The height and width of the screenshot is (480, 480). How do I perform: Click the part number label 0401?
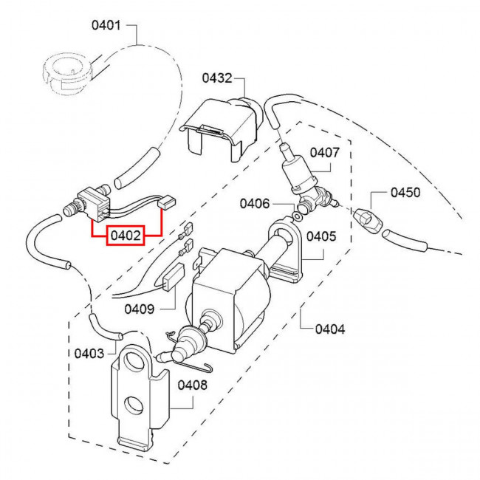coord(106,25)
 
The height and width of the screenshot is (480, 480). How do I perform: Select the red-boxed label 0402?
coord(126,236)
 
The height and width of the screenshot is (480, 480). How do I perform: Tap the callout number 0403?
coord(89,354)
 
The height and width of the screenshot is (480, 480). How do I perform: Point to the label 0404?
coord(330,329)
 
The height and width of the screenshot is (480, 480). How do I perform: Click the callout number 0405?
coord(321,236)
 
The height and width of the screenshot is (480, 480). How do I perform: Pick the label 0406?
coord(254,204)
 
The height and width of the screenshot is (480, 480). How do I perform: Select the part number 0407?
coord(324,152)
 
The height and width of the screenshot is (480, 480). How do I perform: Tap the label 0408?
coord(192,385)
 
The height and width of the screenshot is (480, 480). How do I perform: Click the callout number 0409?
coord(140,309)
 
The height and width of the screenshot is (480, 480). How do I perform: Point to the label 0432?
coord(217,78)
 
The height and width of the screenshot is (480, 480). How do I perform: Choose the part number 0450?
coord(405,193)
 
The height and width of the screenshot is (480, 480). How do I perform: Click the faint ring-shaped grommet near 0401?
coord(66,74)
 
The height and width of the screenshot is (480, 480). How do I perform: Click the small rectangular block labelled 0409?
coord(174,276)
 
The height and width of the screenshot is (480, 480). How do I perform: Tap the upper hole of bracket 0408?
coord(134,360)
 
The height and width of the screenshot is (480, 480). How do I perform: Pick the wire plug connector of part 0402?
coord(167,202)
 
